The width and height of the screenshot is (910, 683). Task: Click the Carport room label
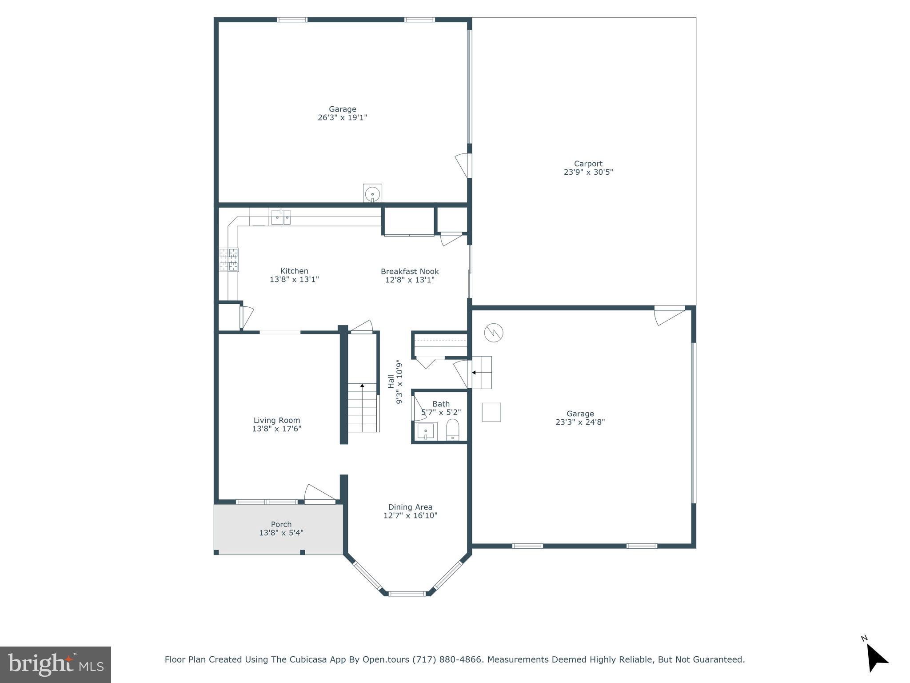coord(588,164)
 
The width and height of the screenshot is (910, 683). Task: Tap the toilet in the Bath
coord(452,430)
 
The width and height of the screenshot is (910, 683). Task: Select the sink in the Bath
coord(426,431)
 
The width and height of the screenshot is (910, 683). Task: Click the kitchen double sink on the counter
coord(281,217)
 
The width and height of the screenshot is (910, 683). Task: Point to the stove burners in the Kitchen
coord(229,259)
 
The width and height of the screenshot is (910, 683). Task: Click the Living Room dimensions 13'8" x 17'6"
coord(277,429)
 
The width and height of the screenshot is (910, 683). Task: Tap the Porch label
coord(281,524)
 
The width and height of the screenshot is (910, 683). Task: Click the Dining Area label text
coord(410,507)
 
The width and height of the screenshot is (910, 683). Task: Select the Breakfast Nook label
coord(410,271)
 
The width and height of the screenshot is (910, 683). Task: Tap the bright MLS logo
coord(56,664)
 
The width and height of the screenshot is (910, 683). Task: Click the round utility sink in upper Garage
coord(372,194)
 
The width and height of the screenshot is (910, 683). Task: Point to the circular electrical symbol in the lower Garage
coord(493,332)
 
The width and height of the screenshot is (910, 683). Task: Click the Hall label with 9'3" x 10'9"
coord(395,381)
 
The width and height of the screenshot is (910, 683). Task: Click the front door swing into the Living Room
coord(319,494)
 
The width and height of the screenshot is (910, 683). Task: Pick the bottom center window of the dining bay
coord(407,593)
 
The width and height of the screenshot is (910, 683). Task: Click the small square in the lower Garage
coord(491,412)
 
